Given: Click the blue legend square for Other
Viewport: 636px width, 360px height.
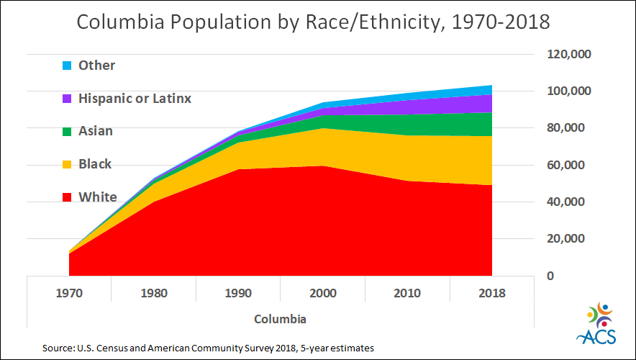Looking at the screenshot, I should coord(66,66).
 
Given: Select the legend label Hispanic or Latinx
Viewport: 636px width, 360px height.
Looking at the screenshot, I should coord(135,99).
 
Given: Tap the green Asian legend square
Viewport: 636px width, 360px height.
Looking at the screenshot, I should coord(66,132).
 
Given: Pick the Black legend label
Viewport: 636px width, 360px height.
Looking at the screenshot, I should coord(95,164).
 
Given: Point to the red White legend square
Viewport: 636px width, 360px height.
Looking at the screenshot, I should coord(66,197).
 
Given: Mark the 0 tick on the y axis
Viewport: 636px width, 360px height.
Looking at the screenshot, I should coord(550,276).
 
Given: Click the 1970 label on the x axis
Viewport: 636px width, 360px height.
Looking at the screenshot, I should coord(70,293).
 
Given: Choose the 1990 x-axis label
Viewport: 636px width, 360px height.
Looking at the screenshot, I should coord(238,293).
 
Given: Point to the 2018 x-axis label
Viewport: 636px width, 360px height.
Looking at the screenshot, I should coord(491,293).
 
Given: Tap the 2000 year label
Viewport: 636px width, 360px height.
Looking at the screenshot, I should coord(323,293).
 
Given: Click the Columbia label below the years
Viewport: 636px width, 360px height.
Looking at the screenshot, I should coord(281,318).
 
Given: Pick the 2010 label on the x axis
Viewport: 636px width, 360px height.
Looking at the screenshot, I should coord(407,293).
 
